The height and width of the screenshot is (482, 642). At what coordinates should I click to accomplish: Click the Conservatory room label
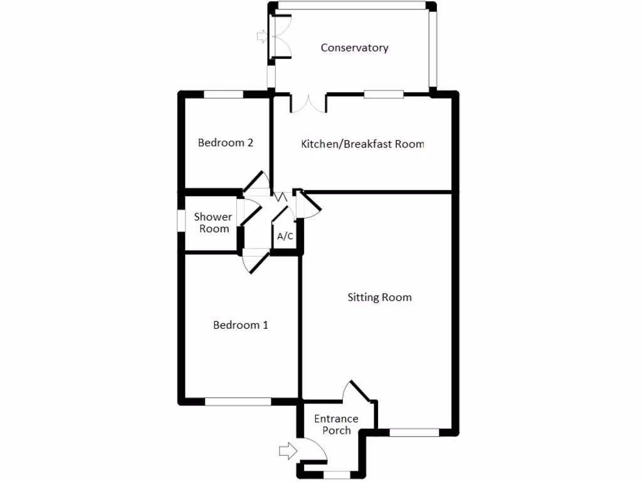pyautogui.click(x=354, y=48)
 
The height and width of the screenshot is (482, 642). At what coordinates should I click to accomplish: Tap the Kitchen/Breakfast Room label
pyautogui.click(x=362, y=144)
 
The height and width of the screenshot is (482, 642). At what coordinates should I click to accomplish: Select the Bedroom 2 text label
pyautogui.click(x=225, y=142)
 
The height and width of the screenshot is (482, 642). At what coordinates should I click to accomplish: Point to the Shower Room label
pyautogui.click(x=213, y=223)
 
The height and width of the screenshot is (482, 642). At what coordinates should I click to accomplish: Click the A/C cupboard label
pyautogui.click(x=285, y=237)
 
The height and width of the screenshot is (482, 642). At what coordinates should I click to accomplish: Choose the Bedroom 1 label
pyautogui.click(x=240, y=325)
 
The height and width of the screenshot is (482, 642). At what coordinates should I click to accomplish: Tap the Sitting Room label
pyautogui.click(x=379, y=297)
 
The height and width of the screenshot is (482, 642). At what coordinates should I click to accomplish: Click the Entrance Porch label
pyautogui.click(x=336, y=424)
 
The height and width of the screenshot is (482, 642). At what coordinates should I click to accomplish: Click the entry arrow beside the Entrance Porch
pyautogui.click(x=288, y=450)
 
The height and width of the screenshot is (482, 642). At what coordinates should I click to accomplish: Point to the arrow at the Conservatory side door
pyautogui.click(x=261, y=37)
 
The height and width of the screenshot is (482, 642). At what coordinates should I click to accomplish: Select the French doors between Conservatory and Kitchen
pyautogui.click(x=308, y=103)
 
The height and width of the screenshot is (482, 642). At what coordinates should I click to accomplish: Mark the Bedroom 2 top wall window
pyautogui.click(x=223, y=94)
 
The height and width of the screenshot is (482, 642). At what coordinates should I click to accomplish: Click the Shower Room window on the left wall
pyautogui.click(x=180, y=220)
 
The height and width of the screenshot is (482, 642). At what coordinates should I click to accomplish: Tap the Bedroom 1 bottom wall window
pyautogui.click(x=238, y=401)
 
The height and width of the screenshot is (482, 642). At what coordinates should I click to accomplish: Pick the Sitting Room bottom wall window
pyautogui.click(x=414, y=432)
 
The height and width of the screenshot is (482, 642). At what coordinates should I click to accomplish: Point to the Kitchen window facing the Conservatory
pyautogui.click(x=384, y=94)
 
